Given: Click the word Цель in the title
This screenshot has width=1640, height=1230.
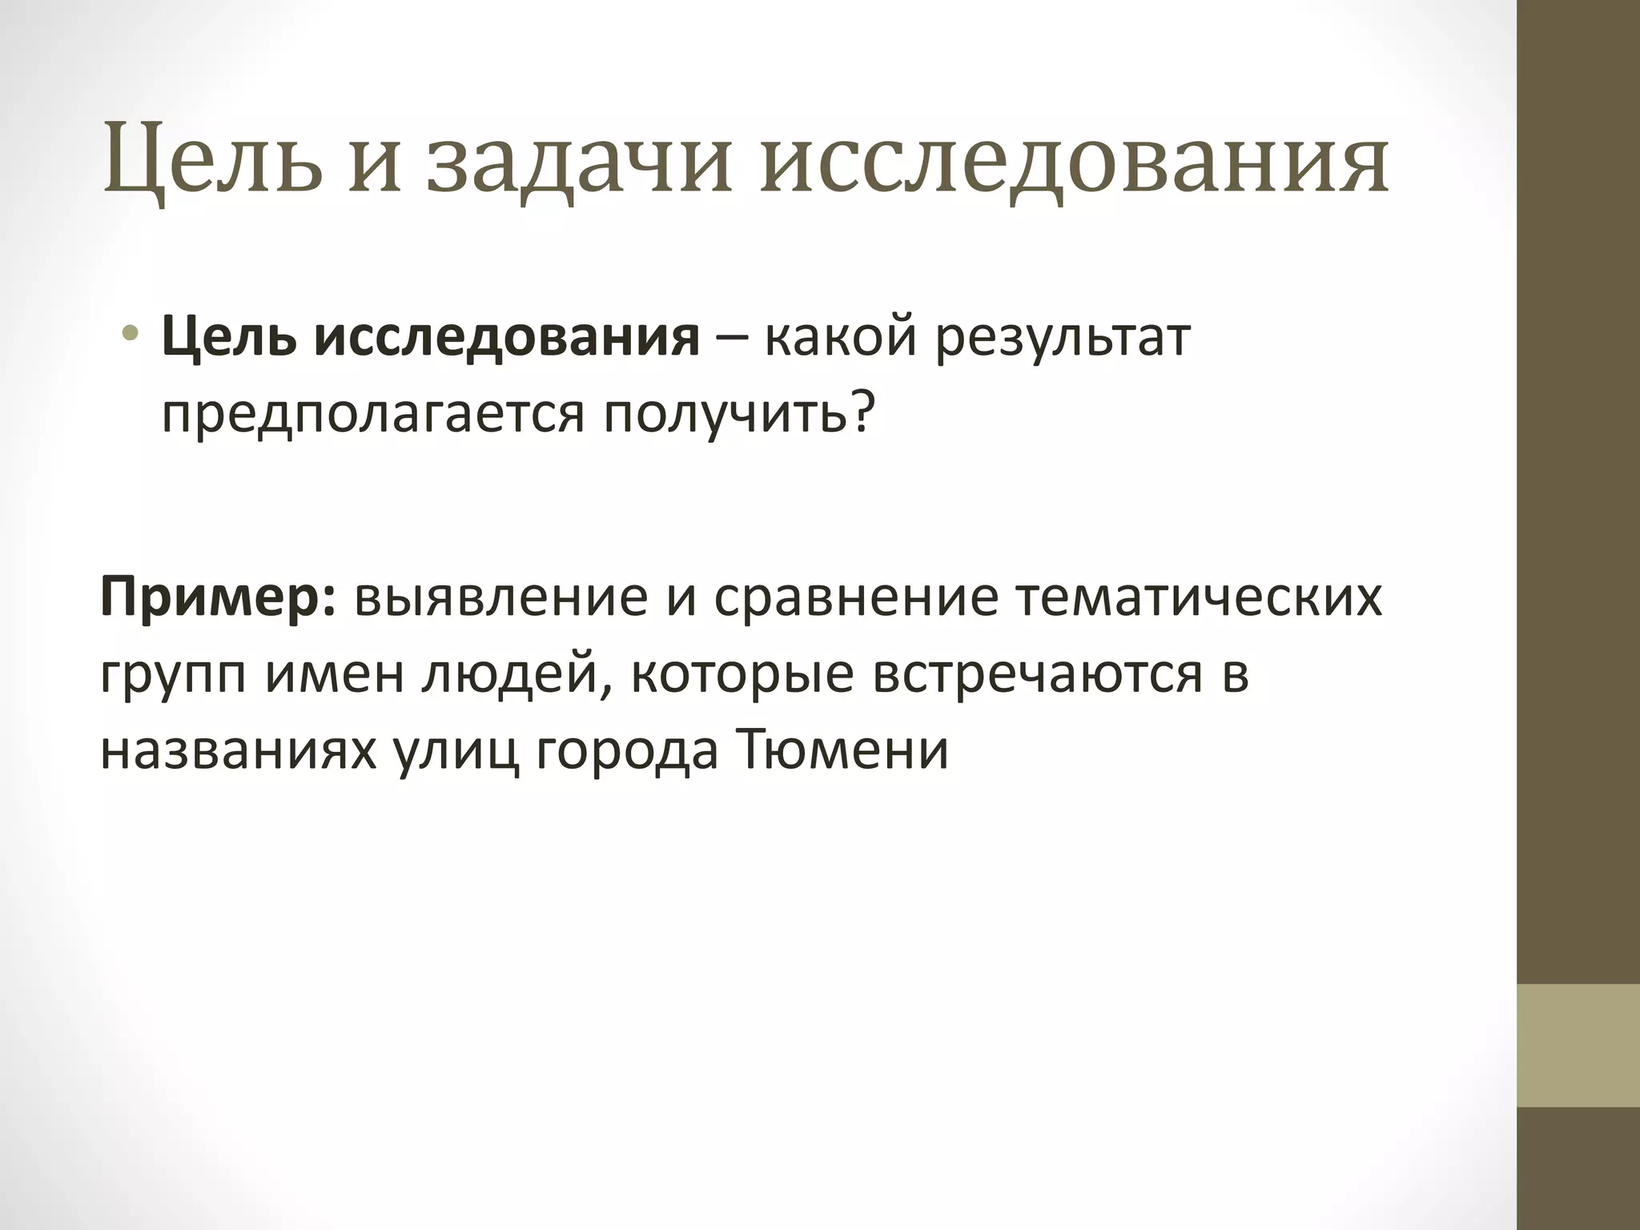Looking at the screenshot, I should (x=212, y=161).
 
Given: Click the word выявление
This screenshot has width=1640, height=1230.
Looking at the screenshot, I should (x=501, y=597).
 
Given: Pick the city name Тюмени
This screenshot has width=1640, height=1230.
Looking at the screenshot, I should (x=841, y=750).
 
